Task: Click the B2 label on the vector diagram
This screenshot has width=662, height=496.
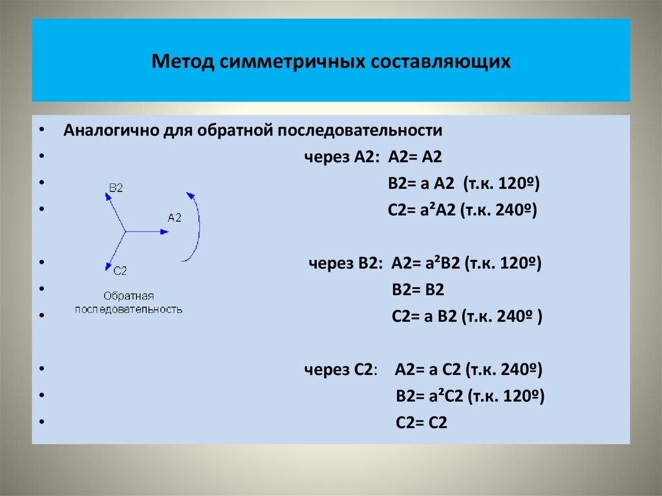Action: pos(116,187)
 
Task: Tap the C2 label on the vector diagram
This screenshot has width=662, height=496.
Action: pos(119,270)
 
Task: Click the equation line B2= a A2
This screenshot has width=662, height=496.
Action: pos(462,184)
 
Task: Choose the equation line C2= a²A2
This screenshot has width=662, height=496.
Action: pos(462,210)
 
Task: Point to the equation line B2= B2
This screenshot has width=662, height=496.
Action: pos(418,290)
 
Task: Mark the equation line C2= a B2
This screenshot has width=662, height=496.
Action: pos(466,316)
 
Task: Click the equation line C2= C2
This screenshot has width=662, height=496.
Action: pos(421,423)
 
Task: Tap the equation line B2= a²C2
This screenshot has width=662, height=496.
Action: pos(469,396)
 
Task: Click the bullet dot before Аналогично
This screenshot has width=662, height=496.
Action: pos(41,129)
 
